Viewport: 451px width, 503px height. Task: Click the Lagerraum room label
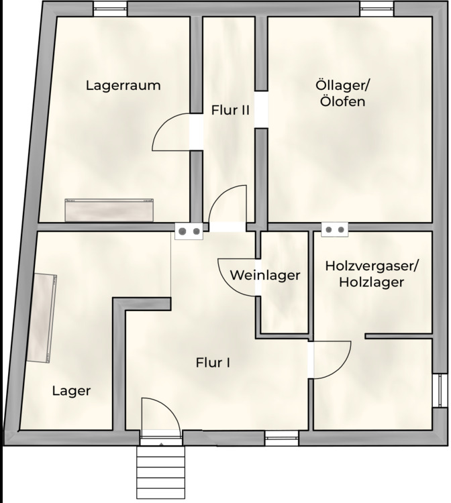(123, 86)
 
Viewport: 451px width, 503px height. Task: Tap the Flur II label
(230, 110)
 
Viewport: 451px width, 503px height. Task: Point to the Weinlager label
(264, 275)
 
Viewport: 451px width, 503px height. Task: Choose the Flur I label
(213, 363)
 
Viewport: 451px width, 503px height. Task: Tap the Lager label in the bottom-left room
(71, 391)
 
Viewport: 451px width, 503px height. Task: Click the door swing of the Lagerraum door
(170, 132)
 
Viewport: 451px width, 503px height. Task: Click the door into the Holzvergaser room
(332, 359)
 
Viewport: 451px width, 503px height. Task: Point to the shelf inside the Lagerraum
(109, 211)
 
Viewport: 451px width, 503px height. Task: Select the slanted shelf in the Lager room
(42, 318)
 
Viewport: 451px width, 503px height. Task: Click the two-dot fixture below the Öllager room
(335, 230)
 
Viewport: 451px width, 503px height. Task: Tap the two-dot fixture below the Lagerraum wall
(189, 231)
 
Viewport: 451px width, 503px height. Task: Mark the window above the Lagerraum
(110, 8)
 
